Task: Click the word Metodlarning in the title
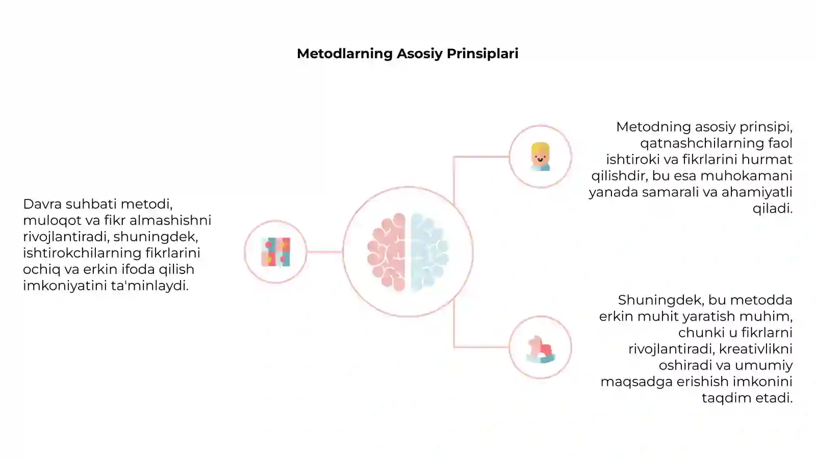[345, 54]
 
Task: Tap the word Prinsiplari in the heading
[482, 54]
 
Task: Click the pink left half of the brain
[387, 252]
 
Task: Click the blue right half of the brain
[429, 252]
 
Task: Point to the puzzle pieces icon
[276, 252]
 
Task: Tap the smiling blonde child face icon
[540, 157]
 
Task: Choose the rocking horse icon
[541, 349]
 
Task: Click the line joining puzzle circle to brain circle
[324, 252]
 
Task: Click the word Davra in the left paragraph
[42, 204]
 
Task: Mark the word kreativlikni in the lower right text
[755, 349]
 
